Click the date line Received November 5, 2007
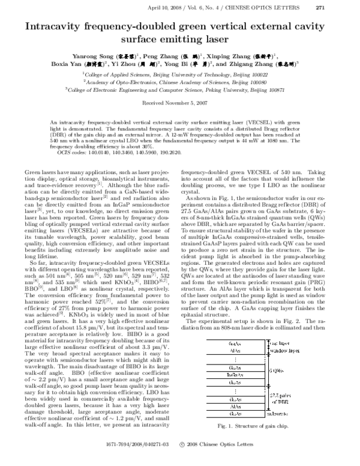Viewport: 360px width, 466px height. coord(179,103)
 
